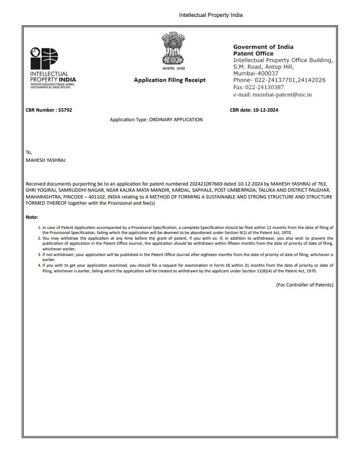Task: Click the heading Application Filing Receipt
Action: click(170, 80)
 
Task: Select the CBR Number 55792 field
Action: click(49, 109)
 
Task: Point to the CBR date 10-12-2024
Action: click(254, 109)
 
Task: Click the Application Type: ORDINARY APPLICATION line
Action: click(156, 120)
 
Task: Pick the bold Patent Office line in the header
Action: click(253, 54)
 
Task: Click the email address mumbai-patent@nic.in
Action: click(272, 95)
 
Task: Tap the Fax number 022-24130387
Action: click(259, 87)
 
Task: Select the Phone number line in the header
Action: click(279, 80)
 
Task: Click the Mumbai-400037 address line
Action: click(256, 73)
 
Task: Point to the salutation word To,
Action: click(30, 152)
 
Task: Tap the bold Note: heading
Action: click(32, 217)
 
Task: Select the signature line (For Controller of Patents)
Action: click(304, 285)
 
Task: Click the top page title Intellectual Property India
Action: click(211, 14)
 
